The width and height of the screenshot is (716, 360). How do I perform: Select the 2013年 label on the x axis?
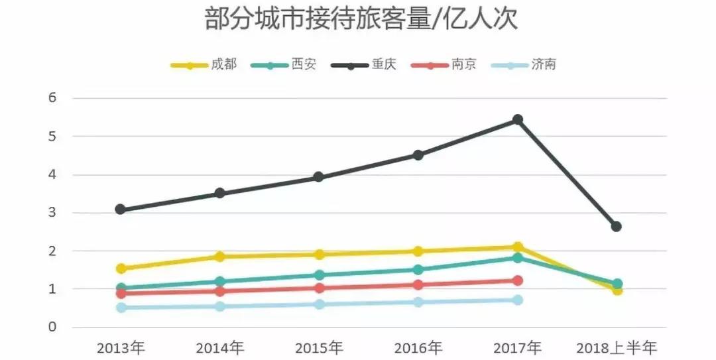pyautogui.click(x=121, y=348)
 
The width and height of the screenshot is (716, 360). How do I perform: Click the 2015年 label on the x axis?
pyautogui.click(x=319, y=348)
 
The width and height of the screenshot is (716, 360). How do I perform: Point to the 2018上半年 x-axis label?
pyautogui.click(x=616, y=348)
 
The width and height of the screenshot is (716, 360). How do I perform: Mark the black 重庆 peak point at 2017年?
pyautogui.click(x=518, y=120)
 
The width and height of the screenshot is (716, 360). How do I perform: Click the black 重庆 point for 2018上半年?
pyautogui.click(x=617, y=227)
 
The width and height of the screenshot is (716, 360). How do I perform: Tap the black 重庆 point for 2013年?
pyautogui.click(x=121, y=210)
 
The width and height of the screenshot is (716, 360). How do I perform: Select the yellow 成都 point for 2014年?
pyautogui.click(x=219, y=257)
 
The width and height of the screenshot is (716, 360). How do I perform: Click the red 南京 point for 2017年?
pyautogui.click(x=518, y=280)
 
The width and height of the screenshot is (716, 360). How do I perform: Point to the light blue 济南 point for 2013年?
pyautogui.click(x=121, y=308)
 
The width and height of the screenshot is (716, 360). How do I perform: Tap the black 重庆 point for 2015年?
pyautogui.click(x=319, y=177)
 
